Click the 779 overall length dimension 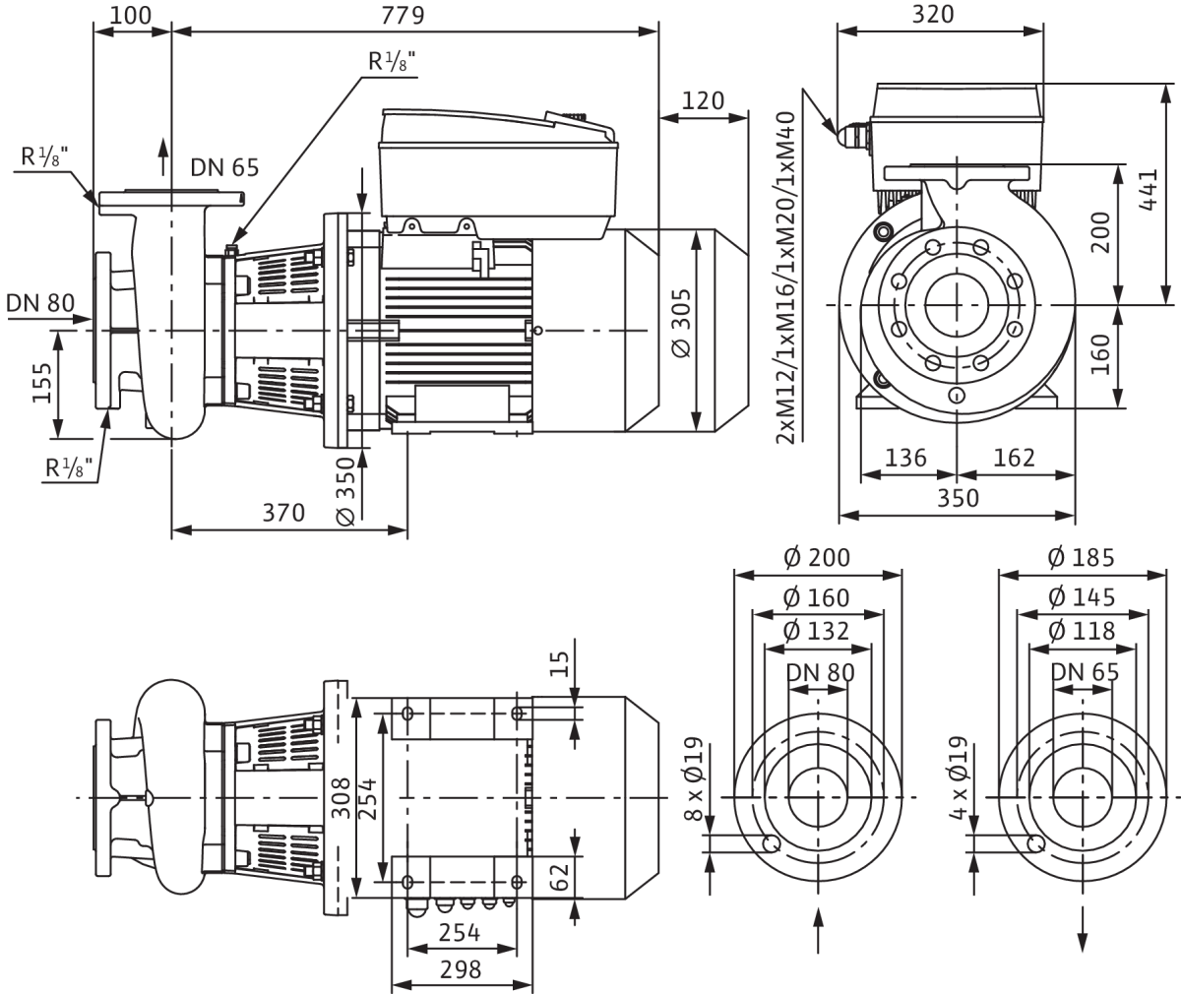(x=403, y=16)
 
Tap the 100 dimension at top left (x=131, y=16)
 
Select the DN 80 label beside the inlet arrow (x=40, y=303)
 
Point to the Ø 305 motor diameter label (x=682, y=323)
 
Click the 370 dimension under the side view (x=283, y=513)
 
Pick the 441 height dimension (x=1148, y=190)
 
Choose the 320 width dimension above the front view (x=933, y=14)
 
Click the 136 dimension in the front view (x=905, y=458)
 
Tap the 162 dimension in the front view (x=1014, y=458)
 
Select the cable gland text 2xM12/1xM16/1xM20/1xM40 (x=785, y=278)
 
